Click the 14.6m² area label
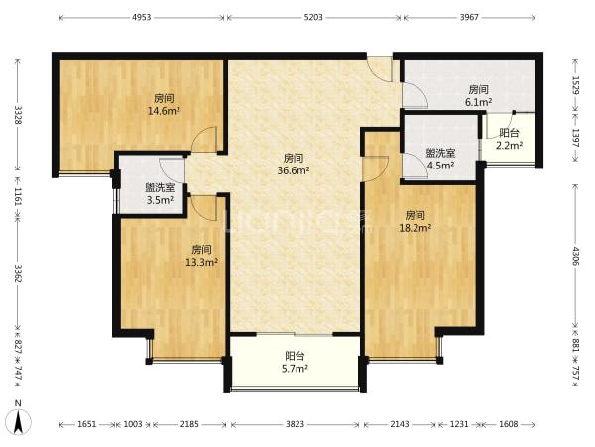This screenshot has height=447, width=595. coord(164,111)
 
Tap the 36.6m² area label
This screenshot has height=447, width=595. coord(294,170)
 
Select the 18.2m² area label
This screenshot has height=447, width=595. coord(415,228)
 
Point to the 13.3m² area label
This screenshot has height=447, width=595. coord(201,262)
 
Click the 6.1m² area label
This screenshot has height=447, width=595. coord(478,102)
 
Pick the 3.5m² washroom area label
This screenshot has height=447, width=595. coord(160,200)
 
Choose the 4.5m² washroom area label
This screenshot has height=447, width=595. coord(440,166)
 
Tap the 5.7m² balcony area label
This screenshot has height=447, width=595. coord(295,368)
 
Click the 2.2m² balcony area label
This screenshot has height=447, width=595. coord(510,145)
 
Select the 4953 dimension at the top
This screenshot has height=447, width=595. coord(141,17)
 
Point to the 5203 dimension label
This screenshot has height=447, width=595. coord(313,17)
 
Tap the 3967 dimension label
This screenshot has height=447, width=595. coord(469,17)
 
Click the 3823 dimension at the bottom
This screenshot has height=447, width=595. coord(295,424)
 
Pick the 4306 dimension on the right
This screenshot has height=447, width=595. coord(576,256)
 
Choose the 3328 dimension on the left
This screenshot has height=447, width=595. coord(18,115)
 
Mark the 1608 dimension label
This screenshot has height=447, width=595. coord(509,424)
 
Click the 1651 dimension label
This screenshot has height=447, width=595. coord(88,424)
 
